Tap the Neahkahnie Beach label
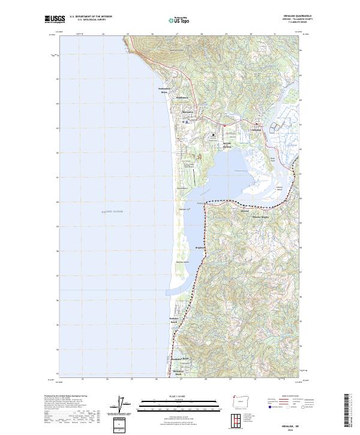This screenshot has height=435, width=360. (x=164, y=91)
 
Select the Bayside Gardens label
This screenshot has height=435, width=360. (x=223, y=145)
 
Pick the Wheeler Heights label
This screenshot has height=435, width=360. (x=262, y=216)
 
